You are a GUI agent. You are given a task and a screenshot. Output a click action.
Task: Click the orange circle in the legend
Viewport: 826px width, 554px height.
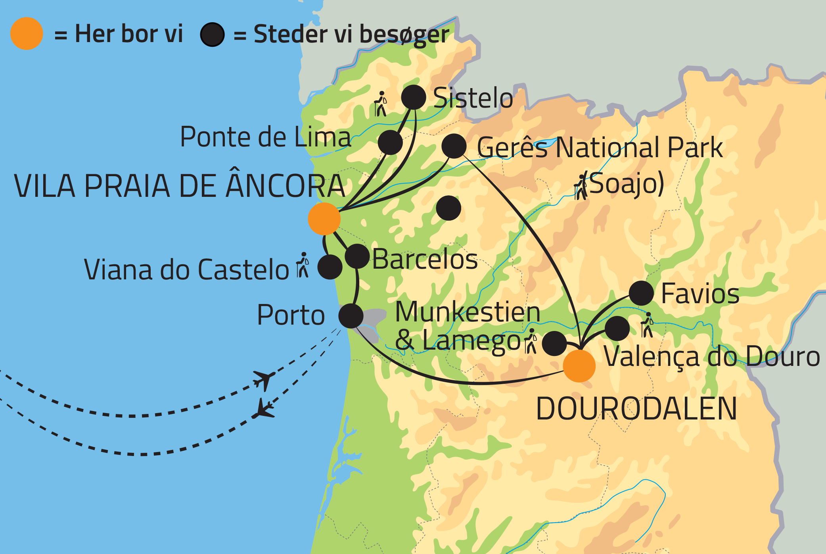coord(27,34)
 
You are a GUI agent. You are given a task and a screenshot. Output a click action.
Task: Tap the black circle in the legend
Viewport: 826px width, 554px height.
coord(212,35)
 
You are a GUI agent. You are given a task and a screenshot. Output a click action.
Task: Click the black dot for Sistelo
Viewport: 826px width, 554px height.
coord(414,97)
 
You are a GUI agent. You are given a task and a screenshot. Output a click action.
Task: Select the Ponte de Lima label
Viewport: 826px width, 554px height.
coord(265,137)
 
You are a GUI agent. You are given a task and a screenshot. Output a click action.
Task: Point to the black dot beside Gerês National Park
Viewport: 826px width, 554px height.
coord(454,146)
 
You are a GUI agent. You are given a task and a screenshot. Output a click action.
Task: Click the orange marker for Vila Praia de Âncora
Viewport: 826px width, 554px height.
coord(324,219)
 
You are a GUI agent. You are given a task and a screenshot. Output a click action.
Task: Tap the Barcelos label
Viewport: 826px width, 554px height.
coord(425,260)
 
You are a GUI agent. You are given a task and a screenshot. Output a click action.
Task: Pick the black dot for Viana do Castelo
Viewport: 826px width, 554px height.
coord(330,267)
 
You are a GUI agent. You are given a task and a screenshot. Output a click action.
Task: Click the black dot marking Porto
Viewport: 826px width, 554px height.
coord(351,316)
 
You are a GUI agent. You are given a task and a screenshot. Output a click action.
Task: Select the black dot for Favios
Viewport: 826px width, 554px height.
coord(641,293)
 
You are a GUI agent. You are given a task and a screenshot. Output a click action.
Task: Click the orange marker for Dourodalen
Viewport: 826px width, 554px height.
coord(579,366)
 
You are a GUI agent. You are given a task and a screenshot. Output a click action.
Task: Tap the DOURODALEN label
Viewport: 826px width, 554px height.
coord(636,409)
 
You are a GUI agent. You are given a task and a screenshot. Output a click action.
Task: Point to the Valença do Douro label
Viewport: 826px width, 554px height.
coord(712,356)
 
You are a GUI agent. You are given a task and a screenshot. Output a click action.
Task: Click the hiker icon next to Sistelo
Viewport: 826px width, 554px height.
coord(381,104)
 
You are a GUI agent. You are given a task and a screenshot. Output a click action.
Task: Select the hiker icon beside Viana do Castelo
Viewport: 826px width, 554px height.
coord(303,265)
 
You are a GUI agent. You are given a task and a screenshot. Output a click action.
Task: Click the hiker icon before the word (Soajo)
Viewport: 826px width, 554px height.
coord(581,187)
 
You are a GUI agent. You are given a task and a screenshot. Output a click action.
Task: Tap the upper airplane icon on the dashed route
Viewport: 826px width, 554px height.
coord(264,379)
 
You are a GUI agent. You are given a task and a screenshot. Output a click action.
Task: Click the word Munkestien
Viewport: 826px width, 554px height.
coord(468,312)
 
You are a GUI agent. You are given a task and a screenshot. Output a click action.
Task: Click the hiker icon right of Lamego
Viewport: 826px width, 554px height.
coord(531,341)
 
